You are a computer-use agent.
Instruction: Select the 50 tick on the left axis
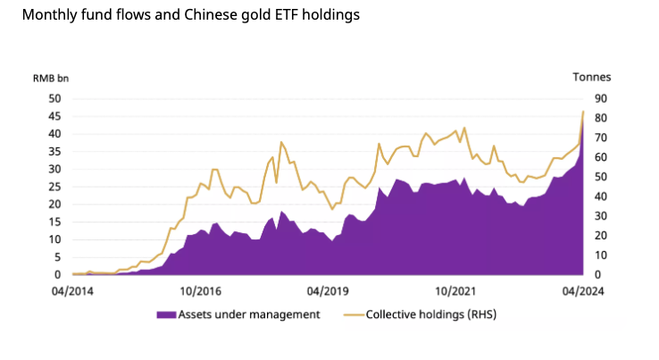tap(54, 98)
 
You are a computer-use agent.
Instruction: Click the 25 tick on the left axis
tap(54, 187)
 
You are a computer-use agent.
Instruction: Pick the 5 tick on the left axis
tap(56, 257)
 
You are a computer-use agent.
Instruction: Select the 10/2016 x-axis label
tap(200, 290)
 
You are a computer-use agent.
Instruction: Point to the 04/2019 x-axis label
tap(328, 290)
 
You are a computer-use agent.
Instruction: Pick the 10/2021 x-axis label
tap(455, 290)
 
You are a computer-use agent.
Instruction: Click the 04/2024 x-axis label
tap(582, 290)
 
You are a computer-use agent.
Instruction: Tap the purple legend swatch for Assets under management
tap(165, 314)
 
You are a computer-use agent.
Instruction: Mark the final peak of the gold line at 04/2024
tap(582, 112)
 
